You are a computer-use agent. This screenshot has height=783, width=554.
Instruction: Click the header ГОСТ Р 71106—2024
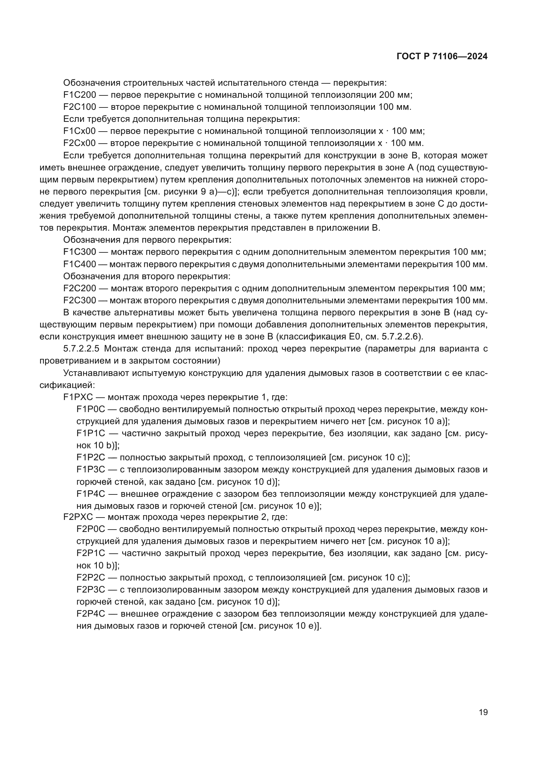click(x=442, y=57)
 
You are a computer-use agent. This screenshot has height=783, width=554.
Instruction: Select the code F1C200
click(x=79, y=95)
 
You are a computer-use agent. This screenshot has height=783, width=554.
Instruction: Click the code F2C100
click(x=79, y=107)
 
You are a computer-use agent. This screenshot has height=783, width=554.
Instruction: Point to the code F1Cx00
click(x=79, y=131)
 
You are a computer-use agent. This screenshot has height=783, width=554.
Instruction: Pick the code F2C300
click(x=79, y=300)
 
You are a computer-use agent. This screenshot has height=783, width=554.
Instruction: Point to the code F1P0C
click(x=91, y=409)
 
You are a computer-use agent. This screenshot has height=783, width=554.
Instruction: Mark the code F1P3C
click(x=91, y=470)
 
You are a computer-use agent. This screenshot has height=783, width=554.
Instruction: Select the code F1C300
click(x=79, y=252)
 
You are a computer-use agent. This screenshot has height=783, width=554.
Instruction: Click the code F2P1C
click(x=91, y=553)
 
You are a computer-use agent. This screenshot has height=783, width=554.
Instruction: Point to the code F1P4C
click(x=91, y=494)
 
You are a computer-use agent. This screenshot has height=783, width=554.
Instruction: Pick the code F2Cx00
click(x=79, y=143)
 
